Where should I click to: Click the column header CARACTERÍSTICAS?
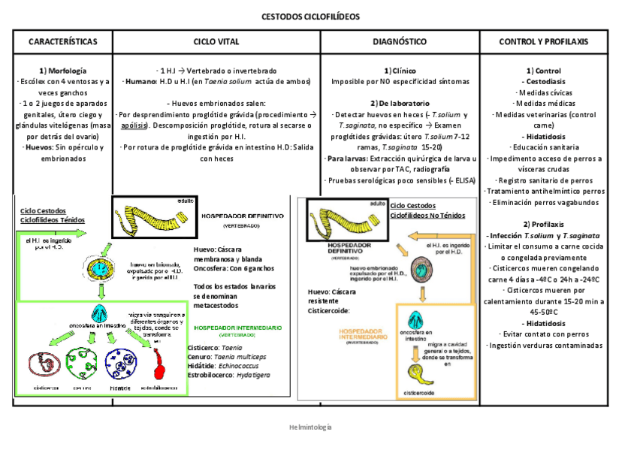[x=63, y=41]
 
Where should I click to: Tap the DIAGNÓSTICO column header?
[x=400, y=41]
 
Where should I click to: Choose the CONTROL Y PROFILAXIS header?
[x=554, y=41]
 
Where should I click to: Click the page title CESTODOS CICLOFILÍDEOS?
[x=310, y=16]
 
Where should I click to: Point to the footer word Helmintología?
[x=310, y=427]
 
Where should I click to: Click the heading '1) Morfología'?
[x=63, y=70]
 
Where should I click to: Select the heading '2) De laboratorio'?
[x=400, y=103]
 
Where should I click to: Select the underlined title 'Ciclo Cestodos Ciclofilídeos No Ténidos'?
[x=427, y=210]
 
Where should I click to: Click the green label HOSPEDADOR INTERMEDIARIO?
[x=238, y=328]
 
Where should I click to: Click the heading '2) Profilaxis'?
[x=554, y=225]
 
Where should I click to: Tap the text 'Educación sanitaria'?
[x=554, y=147]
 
